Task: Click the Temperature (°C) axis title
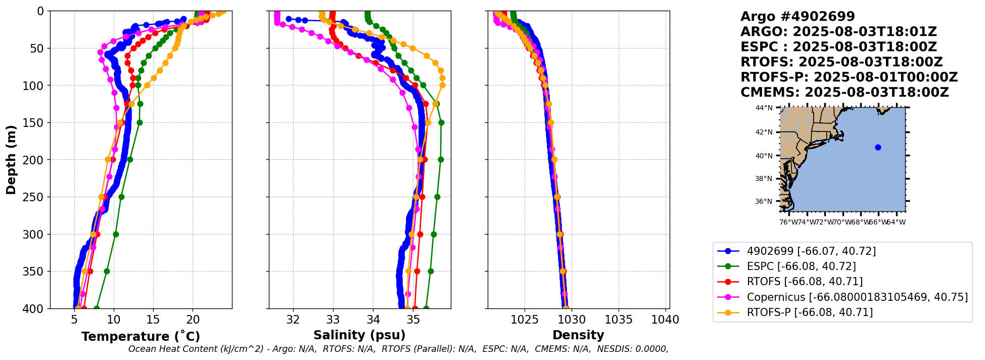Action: tap(140, 336)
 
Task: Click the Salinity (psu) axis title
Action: tap(359, 335)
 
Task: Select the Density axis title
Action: tap(578, 335)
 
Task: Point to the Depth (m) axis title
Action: tap(11, 160)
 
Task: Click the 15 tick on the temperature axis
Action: tap(153, 320)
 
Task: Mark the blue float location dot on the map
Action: tap(878, 148)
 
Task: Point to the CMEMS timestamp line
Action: tap(845, 93)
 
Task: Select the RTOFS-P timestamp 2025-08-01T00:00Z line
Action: tap(849, 77)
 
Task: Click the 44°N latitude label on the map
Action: tap(764, 108)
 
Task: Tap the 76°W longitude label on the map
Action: tap(788, 222)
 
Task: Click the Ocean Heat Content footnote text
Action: tap(398, 349)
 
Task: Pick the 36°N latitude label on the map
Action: tap(764, 201)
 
